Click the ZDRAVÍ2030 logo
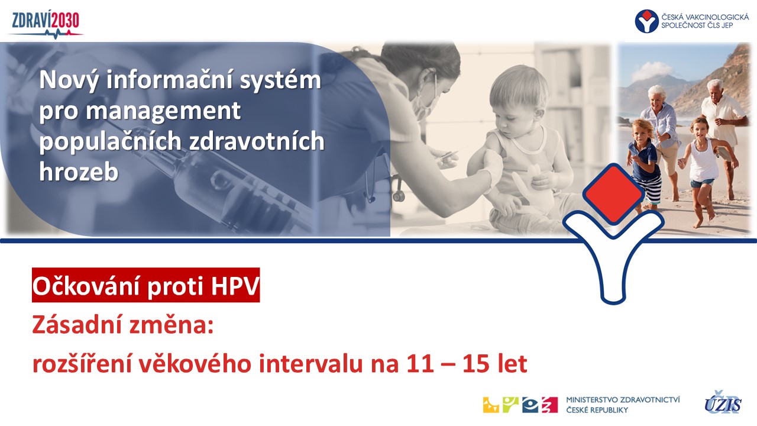[46, 24]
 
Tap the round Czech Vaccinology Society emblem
[646, 21]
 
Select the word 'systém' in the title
[280, 80]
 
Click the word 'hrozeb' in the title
[79, 171]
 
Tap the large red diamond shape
[613, 193]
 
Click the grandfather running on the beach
[723, 135]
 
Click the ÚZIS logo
[723, 403]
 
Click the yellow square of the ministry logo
[491, 405]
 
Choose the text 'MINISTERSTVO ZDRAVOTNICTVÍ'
[623, 399]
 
